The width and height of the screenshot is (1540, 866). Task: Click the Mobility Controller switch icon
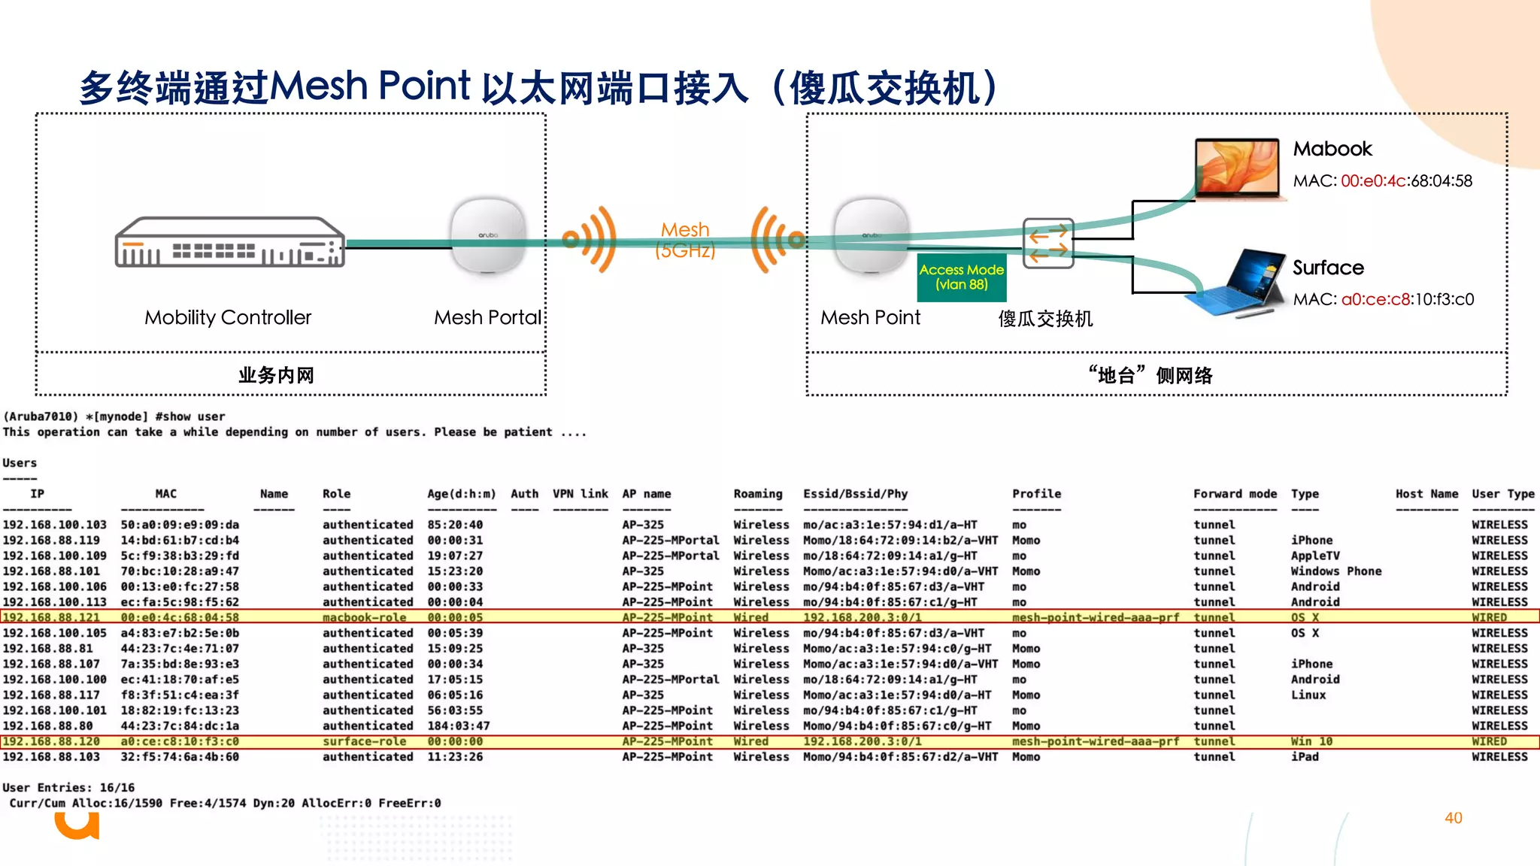coord(229,243)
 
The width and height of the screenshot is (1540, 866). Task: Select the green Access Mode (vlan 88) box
coord(961,277)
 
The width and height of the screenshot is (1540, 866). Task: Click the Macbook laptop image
coord(1237,169)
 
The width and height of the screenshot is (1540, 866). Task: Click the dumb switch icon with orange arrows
coord(1048,244)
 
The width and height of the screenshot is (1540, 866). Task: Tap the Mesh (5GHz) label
coord(685,240)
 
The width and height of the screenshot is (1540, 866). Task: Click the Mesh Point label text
coord(870,318)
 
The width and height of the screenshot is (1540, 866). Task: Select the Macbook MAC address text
coord(1382,181)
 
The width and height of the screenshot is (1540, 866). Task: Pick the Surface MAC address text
coord(1383,300)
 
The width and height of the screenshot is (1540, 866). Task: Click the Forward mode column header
coord(1235,494)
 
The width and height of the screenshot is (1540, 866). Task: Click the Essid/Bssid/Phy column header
coord(855,494)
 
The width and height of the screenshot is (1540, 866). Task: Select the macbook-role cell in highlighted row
coord(365,617)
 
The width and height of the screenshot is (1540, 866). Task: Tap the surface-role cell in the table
coord(365,741)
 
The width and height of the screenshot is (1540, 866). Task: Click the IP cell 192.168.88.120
coord(51,741)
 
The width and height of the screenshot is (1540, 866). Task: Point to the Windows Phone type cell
coord(1336,571)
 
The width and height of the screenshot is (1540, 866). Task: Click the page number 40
coord(1453,818)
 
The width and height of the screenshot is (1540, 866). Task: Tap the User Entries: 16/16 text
coord(68,788)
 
